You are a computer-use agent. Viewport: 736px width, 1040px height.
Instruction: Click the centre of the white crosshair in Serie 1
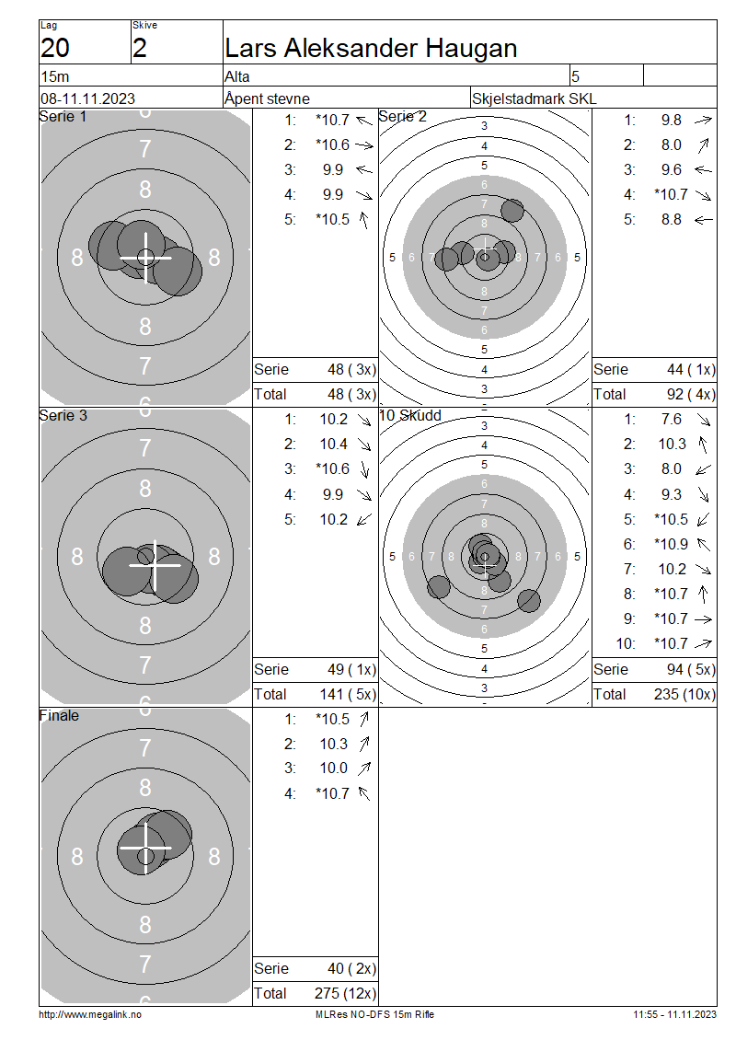[x=146, y=257]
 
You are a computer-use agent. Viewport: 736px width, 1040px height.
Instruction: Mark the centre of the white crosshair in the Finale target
[x=146, y=848]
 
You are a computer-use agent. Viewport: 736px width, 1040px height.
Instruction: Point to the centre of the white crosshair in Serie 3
[x=155, y=565]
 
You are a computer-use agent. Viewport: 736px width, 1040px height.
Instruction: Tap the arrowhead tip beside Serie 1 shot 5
[x=362, y=212]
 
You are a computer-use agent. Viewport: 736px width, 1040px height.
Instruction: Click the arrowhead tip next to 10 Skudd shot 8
[x=704, y=586]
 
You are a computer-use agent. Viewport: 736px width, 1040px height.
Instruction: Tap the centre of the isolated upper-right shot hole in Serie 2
[x=512, y=210]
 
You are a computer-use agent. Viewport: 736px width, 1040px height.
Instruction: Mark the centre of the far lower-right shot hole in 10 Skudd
[x=528, y=600]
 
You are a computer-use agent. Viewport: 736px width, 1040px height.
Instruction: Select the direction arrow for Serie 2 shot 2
[x=703, y=145]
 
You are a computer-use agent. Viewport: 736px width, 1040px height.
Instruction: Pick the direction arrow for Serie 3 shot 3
[x=364, y=469]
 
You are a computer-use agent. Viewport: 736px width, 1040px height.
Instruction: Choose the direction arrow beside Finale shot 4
[x=363, y=793]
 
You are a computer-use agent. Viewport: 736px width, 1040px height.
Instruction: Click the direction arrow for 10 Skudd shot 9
[x=703, y=618]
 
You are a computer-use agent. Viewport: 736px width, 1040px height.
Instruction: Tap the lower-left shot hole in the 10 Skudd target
[x=438, y=586]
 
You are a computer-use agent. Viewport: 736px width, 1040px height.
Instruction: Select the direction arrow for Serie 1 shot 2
[x=364, y=145]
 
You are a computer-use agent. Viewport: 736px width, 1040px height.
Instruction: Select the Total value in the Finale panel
[x=345, y=994]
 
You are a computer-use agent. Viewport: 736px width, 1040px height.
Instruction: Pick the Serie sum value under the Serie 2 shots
[x=691, y=369]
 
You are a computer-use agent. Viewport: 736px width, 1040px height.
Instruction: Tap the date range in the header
[x=87, y=98]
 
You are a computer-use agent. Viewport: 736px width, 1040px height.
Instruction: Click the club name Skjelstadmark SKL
[x=534, y=98]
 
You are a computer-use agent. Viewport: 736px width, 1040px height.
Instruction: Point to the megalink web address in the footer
[x=90, y=1015]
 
